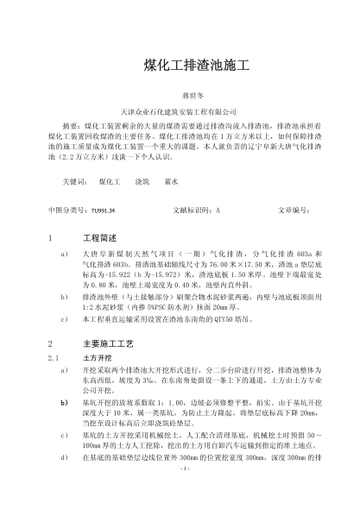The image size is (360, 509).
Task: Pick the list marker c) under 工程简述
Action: tap(65, 318)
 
